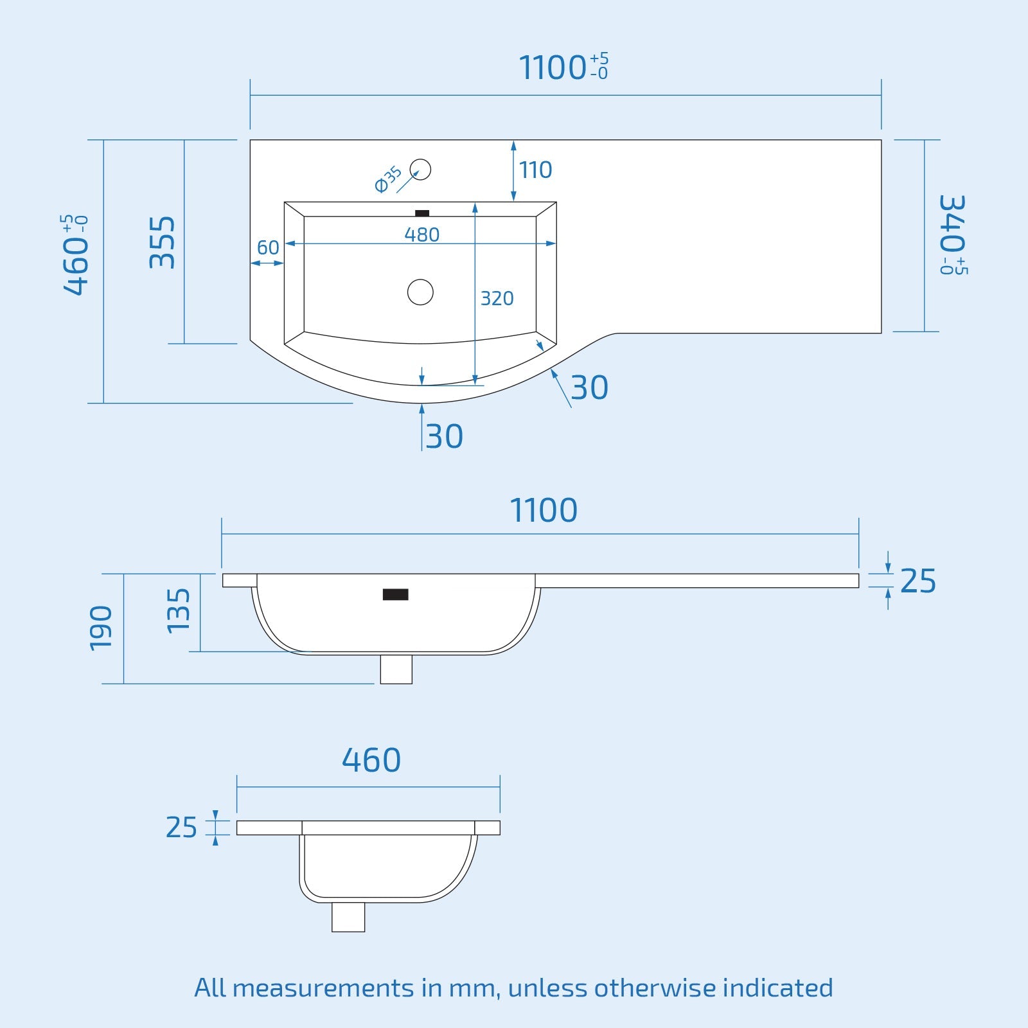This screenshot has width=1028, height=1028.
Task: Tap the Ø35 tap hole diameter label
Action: (x=388, y=179)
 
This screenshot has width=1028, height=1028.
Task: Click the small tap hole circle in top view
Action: (x=421, y=170)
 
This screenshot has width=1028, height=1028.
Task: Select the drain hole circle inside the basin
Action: (x=420, y=292)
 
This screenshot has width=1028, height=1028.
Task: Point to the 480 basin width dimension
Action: (x=421, y=235)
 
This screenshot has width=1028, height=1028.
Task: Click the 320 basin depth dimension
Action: (x=497, y=298)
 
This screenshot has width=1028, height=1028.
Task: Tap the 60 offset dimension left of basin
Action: (x=268, y=247)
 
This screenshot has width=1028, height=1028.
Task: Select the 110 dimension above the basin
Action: (x=535, y=170)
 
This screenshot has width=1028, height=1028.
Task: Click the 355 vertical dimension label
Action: (x=162, y=242)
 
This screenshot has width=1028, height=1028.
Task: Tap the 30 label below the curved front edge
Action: (x=444, y=437)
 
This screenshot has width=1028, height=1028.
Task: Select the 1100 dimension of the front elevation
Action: (x=544, y=510)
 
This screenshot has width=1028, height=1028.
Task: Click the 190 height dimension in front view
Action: (x=101, y=628)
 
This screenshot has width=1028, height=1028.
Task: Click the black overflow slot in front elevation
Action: (x=395, y=594)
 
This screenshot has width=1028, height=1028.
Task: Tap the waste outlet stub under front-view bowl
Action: (x=396, y=669)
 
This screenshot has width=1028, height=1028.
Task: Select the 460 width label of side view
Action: (x=371, y=760)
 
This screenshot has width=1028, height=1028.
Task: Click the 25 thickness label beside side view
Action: (x=181, y=828)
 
